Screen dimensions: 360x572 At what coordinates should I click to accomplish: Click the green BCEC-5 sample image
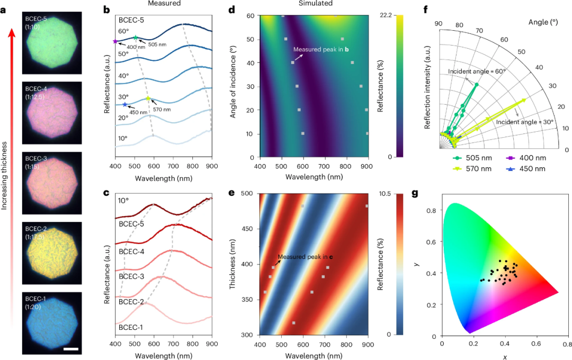51,41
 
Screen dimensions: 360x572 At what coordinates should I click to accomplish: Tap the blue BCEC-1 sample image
51,322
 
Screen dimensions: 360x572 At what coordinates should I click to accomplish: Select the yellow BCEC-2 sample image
51,251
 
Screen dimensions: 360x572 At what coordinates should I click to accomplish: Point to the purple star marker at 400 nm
115,41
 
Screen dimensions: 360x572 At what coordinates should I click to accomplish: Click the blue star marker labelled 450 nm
124,105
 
